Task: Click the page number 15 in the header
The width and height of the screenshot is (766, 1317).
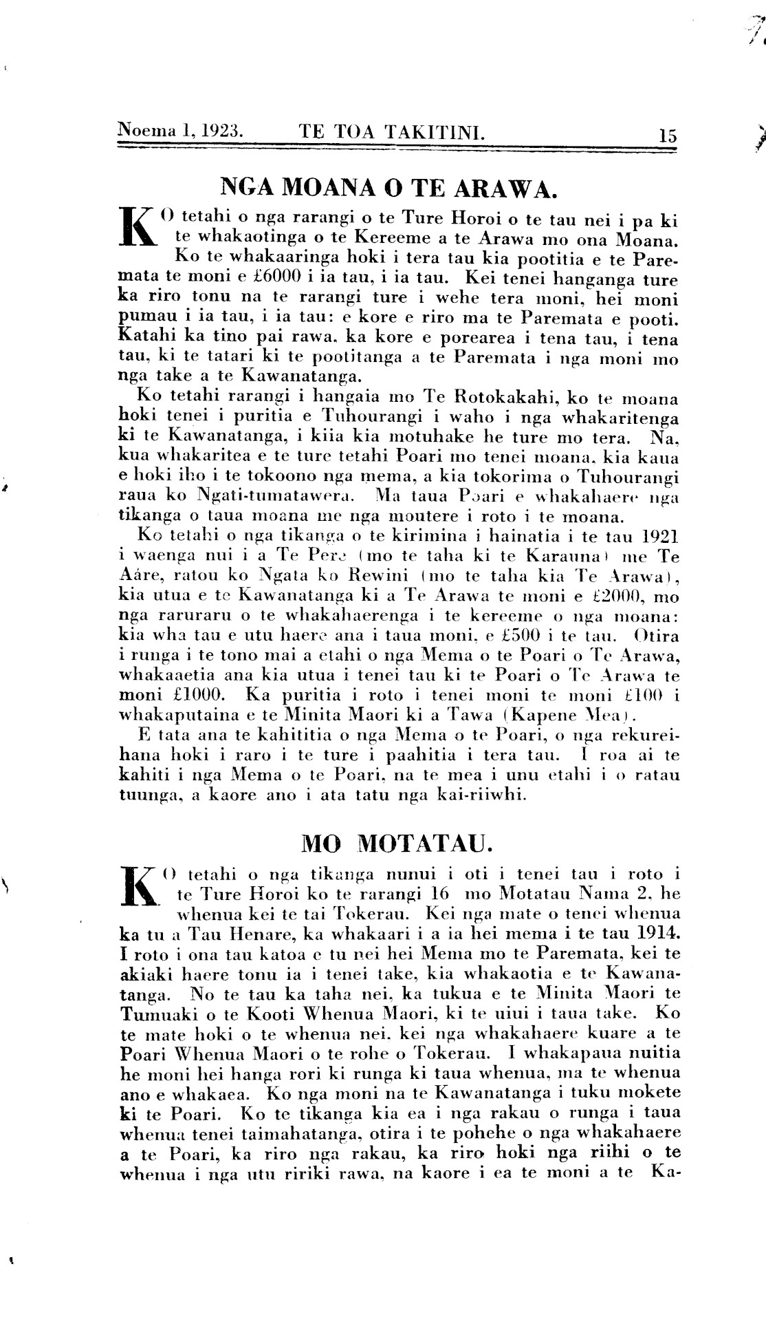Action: (x=667, y=135)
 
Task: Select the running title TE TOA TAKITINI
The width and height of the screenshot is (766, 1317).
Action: (x=392, y=130)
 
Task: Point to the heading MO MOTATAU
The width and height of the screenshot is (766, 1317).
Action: (x=395, y=842)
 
